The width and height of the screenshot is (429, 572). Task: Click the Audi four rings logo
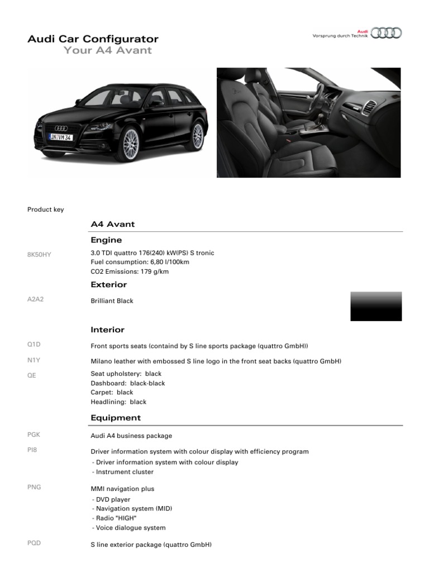[x=386, y=33]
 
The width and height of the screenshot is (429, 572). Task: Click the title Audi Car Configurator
[x=93, y=39]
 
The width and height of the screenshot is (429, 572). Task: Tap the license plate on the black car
[x=61, y=137]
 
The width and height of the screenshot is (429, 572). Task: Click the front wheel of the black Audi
[x=130, y=144]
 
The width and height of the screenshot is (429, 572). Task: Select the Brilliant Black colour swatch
[x=375, y=306]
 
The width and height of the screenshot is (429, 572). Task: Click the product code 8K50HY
[x=39, y=254]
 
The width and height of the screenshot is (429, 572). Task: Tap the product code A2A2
[x=35, y=299]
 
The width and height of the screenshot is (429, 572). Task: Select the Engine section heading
[x=106, y=240]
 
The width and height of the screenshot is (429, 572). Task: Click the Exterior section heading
[x=108, y=285]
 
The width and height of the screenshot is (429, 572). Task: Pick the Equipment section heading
[x=116, y=418]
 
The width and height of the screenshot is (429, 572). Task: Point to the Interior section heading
[x=107, y=330]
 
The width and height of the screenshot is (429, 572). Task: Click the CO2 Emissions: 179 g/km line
[x=129, y=272]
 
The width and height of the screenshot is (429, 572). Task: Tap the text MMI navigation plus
[x=122, y=489]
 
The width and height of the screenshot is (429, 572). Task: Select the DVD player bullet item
[x=112, y=500]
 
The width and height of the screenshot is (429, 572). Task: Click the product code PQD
[x=34, y=543]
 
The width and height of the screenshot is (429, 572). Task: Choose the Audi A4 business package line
[x=131, y=436]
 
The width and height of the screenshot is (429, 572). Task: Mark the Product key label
[x=45, y=209]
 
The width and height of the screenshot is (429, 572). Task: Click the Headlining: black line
[x=118, y=402]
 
